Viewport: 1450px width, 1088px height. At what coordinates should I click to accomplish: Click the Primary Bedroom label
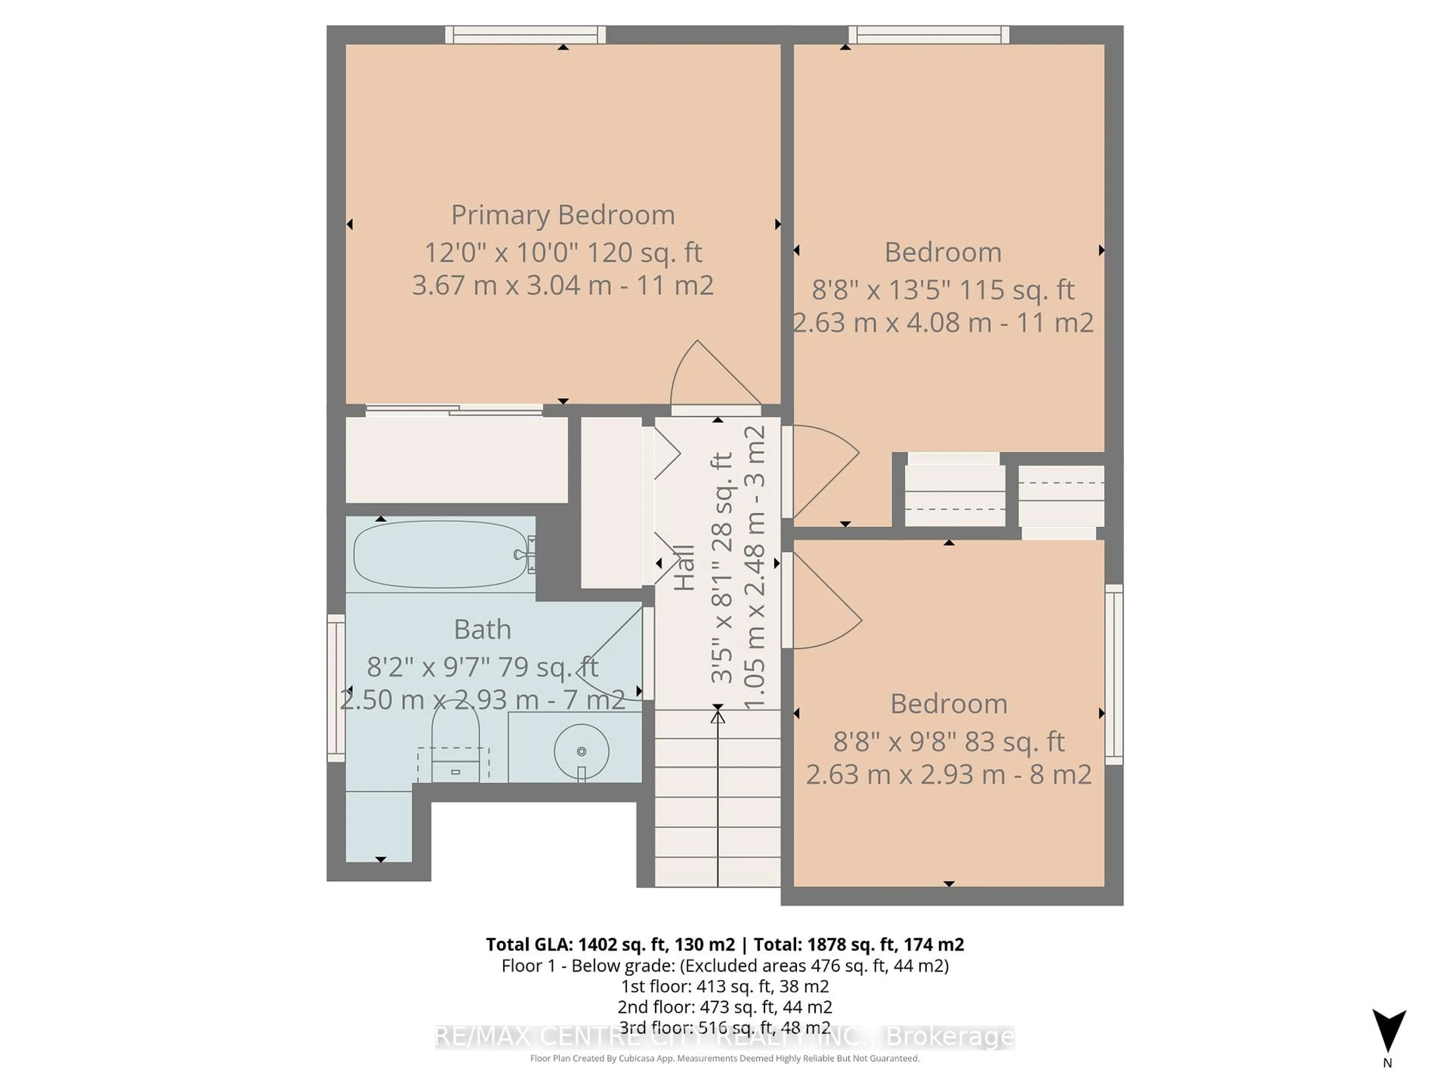tap(562, 215)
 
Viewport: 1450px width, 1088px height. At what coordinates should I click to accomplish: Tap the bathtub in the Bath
tap(440, 554)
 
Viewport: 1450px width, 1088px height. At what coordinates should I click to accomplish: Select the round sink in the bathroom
tap(581, 751)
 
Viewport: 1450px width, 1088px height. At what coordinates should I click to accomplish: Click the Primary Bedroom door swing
tap(711, 377)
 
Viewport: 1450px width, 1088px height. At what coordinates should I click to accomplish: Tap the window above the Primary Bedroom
tap(525, 35)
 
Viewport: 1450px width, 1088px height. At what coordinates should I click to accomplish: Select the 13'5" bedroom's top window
tap(929, 35)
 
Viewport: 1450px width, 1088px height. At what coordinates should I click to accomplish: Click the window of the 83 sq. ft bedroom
tap(1114, 674)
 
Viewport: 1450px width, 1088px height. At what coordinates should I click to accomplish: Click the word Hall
tap(684, 568)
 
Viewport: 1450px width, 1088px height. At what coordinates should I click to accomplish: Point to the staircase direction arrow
tap(718, 787)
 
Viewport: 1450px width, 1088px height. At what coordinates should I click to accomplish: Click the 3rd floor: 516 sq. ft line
tap(724, 1028)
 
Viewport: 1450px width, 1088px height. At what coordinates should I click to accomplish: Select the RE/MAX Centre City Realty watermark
tap(724, 1037)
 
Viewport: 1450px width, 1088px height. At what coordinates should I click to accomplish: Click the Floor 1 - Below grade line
tap(724, 965)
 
